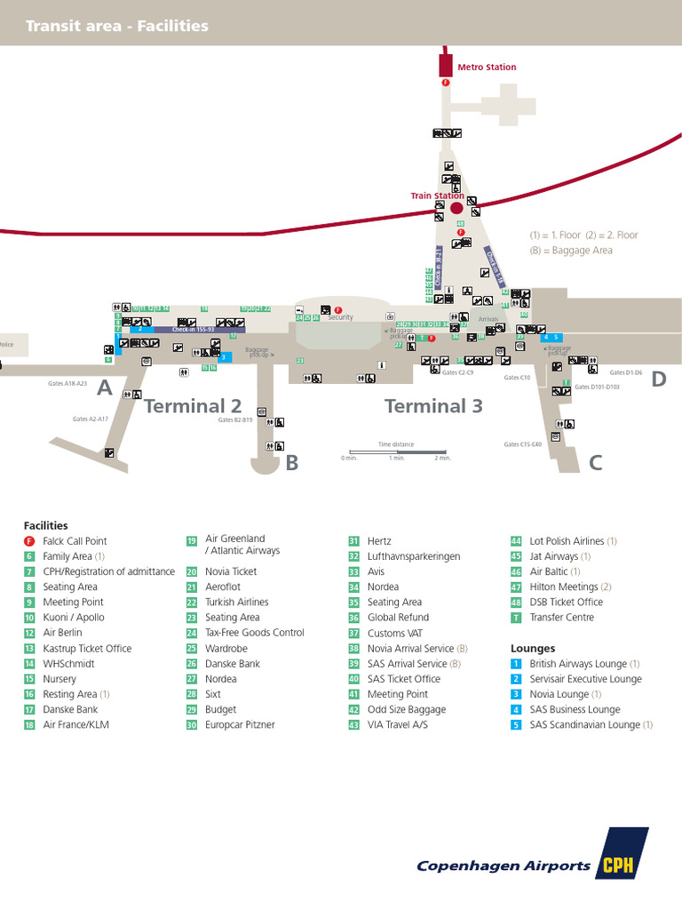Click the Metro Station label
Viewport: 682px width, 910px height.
tap(487, 68)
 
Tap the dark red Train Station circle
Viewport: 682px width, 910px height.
tap(456, 208)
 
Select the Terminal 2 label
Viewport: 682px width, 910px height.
tap(193, 406)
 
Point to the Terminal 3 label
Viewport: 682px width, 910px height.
tap(433, 406)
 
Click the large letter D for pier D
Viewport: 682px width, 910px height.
tap(658, 379)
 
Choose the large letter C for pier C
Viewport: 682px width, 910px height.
tap(596, 462)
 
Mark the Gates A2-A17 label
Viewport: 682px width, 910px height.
tap(91, 419)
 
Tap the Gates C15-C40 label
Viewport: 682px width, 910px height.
tap(523, 444)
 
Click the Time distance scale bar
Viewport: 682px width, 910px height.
tap(397, 452)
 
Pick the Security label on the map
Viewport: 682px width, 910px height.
tap(341, 317)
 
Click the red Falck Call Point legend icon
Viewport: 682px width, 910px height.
tap(29, 541)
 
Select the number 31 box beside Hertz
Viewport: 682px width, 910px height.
tap(353, 541)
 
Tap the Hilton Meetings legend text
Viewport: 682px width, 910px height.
tap(564, 587)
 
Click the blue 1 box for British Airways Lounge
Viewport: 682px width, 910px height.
tap(516, 664)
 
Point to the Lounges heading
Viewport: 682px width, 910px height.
tap(533, 649)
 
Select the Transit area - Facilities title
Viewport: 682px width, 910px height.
tap(117, 26)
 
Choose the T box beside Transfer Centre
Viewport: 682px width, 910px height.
tap(516, 618)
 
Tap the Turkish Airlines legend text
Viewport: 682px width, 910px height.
tap(237, 603)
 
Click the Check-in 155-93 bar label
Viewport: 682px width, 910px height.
tap(194, 330)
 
